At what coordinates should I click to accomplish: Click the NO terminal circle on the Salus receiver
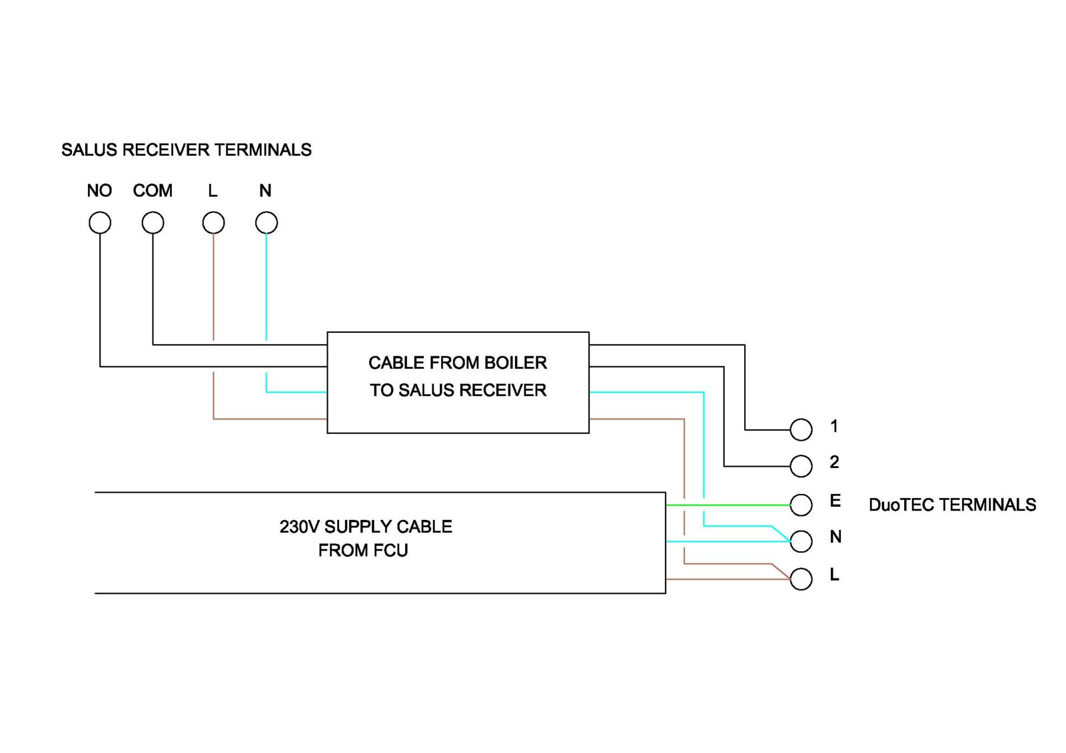tap(100, 222)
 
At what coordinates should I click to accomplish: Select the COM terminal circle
tap(153, 222)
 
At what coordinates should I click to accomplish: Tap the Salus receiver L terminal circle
tap(213, 222)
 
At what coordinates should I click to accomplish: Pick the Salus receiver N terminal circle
tap(266, 222)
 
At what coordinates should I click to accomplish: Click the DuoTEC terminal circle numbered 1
tap(801, 429)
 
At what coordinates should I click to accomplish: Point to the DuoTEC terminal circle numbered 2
tap(801, 466)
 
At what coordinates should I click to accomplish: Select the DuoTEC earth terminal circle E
tap(801, 505)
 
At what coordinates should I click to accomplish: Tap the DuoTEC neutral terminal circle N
tap(801, 541)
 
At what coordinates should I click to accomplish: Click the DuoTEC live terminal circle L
tap(801, 579)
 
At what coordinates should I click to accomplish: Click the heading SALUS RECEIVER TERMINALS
tap(187, 150)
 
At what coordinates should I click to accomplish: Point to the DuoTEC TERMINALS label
tap(952, 505)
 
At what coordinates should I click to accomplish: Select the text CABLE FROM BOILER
tap(458, 363)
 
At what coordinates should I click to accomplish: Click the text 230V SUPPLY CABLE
tap(366, 527)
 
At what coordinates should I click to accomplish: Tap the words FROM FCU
tap(363, 551)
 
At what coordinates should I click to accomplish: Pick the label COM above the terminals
tap(153, 191)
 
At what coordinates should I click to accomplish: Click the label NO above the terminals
tap(99, 191)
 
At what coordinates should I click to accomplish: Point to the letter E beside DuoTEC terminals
tap(835, 501)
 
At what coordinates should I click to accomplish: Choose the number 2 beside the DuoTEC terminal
tap(834, 462)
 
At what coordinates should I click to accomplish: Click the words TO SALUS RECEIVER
tap(458, 390)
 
